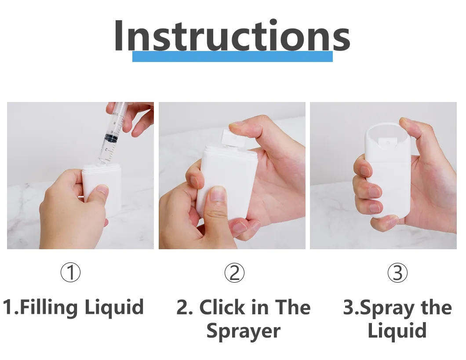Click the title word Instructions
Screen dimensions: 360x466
(232, 36)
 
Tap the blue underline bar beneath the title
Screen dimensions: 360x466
(232, 57)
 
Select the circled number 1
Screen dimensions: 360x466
(70, 273)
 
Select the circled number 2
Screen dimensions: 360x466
(234, 273)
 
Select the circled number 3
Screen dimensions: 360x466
(397, 273)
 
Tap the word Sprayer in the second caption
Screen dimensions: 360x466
(243, 331)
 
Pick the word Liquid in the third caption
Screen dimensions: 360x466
(397, 331)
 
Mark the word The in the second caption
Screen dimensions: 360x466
(293, 307)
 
